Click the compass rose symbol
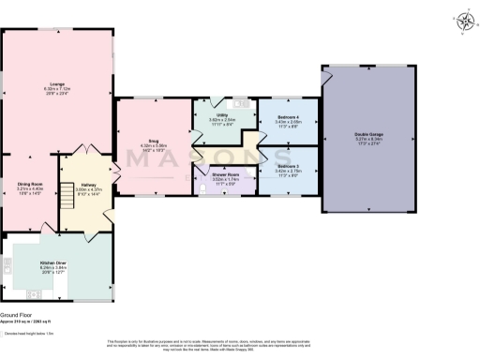(x=465, y=18)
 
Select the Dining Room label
(x=30, y=183)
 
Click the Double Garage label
(x=367, y=135)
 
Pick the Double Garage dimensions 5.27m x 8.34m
(x=367, y=140)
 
